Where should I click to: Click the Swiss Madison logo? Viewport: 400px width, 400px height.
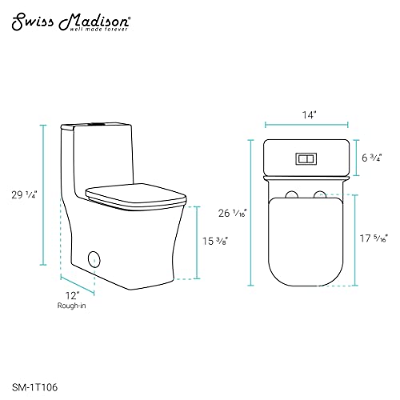(x=71, y=23)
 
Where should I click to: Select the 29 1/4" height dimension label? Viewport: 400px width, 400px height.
(x=24, y=195)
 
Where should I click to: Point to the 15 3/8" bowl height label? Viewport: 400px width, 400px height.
(x=215, y=241)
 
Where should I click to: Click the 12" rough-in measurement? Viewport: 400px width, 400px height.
(x=72, y=296)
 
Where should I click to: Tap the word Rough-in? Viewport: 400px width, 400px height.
(x=71, y=306)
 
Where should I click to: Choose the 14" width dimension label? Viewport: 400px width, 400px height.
(x=309, y=115)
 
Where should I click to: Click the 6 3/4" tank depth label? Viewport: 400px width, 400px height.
(x=372, y=158)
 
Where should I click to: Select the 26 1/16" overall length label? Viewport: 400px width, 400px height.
(x=233, y=213)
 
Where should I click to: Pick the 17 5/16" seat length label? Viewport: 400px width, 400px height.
(x=374, y=238)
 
